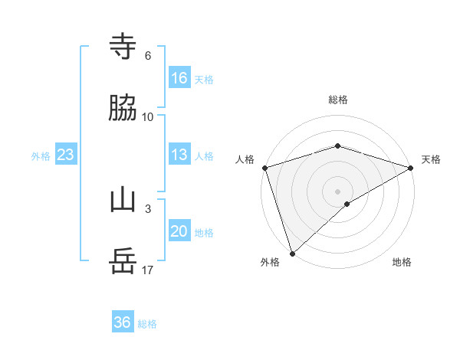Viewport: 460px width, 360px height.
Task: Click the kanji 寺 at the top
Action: click(123, 47)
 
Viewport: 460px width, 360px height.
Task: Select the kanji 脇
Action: click(123, 109)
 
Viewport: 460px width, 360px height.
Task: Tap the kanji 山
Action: click(123, 201)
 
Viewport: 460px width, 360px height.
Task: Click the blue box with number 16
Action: click(179, 77)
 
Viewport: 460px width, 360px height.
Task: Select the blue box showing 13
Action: click(179, 155)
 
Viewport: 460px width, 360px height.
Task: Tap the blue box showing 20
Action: click(179, 231)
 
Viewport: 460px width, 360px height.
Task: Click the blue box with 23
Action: click(66, 155)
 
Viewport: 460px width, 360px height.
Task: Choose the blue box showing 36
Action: click(123, 322)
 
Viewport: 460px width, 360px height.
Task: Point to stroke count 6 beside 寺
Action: click(148, 56)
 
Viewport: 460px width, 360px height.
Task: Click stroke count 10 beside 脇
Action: click(148, 117)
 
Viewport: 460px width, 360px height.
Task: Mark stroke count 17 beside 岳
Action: click(148, 270)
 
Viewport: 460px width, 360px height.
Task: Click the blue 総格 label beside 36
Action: click(147, 324)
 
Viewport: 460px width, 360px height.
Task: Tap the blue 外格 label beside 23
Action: click(41, 156)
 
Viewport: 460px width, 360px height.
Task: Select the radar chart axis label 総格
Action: click(338, 100)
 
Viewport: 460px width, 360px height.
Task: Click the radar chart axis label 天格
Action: click(431, 159)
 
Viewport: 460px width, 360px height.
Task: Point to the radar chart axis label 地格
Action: click(402, 263)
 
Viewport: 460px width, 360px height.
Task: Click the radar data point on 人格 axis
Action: click(264, 167)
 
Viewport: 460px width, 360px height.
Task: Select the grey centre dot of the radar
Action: click(338, 191)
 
